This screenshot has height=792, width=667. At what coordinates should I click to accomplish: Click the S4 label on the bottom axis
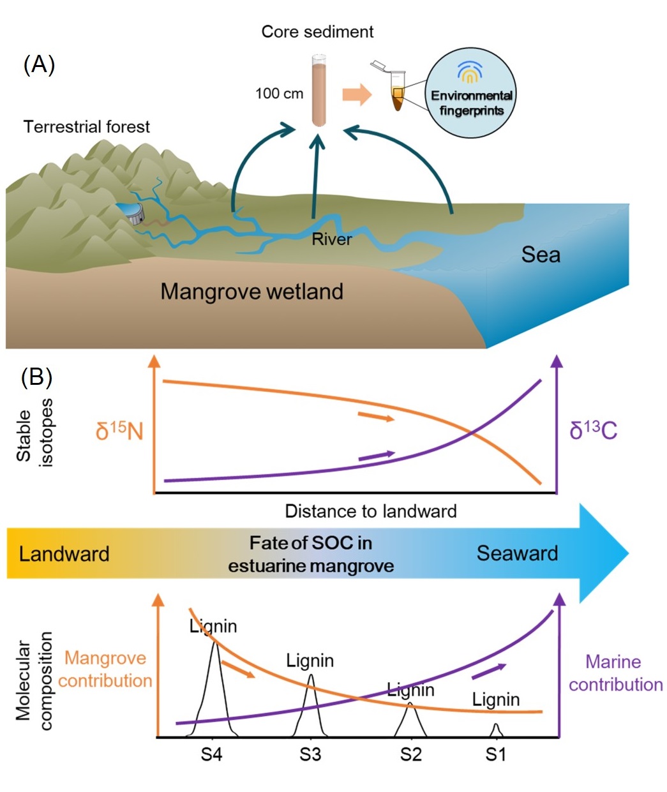211,755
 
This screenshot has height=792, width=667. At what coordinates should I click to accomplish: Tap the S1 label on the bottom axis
495,755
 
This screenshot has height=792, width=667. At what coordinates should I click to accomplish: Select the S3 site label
310,755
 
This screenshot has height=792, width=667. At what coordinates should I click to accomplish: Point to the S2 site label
410,755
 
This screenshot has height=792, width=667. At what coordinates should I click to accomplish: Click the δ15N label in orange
119,431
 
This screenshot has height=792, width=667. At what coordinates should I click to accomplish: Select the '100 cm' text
279,93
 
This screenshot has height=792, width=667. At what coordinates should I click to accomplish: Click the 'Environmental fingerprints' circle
471,94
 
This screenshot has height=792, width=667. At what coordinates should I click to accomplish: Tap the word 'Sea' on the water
540,255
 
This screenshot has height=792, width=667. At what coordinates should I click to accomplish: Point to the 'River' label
331,239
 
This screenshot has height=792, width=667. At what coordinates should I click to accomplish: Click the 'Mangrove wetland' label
251,292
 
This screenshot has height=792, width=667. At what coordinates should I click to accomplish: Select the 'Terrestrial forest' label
87,126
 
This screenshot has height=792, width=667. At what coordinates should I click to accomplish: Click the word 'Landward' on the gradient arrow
64,553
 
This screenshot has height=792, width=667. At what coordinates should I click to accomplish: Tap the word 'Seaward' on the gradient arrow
517,553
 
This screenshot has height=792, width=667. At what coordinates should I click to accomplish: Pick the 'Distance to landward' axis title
370,511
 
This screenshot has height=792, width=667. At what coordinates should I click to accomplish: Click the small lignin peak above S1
496,729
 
